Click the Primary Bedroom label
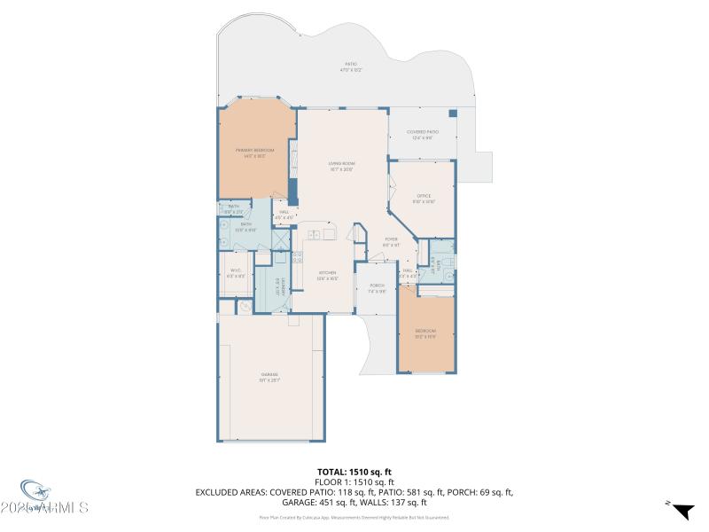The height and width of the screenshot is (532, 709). pyautogui.click(x=254, y=153)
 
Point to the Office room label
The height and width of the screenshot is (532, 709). pyautogui.click(x=424, y=198)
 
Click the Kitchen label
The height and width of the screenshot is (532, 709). pyautogui.click(x=327, y=275)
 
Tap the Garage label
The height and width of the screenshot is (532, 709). pyautogui.click(x=269, y=377)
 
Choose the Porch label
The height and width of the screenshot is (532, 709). pyautogui.click(x=377, y=287)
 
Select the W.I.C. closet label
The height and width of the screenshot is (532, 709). pyautogui.click(x=236, y=273)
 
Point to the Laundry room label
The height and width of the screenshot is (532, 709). pyautogui.click(x=277, y=288)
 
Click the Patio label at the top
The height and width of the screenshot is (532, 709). pyautogui.click(x=350, y=66)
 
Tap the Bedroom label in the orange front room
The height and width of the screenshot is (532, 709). pyautogui.click(x=425, y=333)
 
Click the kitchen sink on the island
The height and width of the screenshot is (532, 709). pyautogui.click(x=314, y=235)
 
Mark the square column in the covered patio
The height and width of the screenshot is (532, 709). pyautogui.click(x=452, y=113)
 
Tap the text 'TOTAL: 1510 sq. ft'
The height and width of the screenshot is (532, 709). pyautogui.click(x=354, y=472)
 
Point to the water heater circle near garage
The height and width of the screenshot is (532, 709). pyautogui.click(x=244, y=307)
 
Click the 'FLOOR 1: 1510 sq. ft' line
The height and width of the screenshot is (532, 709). pyautogui.click(x=354, y=481)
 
